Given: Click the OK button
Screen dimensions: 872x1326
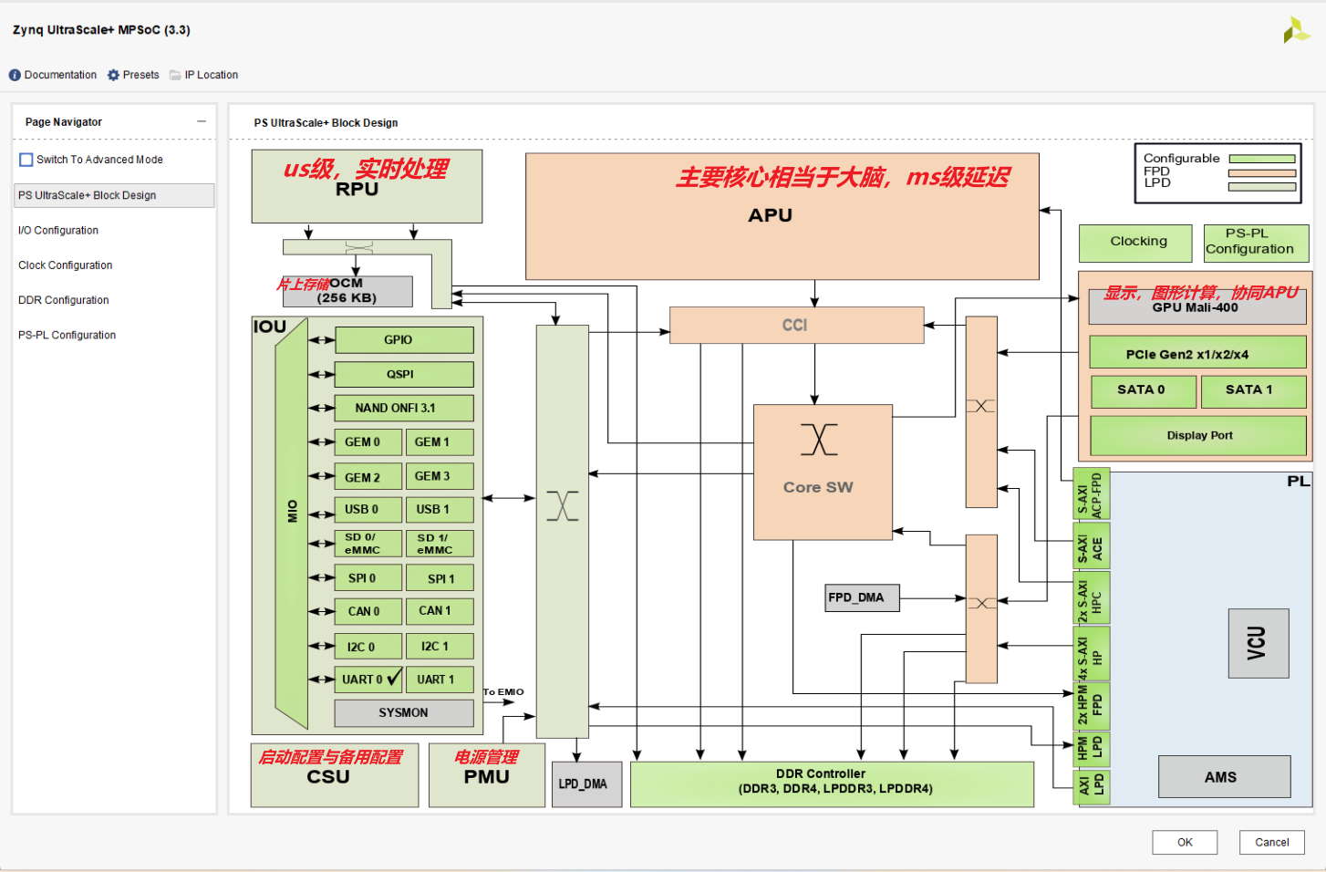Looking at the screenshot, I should pyautogui.click(x=1184, y=842).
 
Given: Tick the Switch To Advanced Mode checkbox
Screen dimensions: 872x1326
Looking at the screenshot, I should pyautogui.click(x=26, y=160).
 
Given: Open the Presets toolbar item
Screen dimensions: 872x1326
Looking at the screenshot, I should pyautogui.click(x=133, y=75).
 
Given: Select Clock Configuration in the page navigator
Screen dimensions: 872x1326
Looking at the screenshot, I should pyautogui.click(x=66, y=265).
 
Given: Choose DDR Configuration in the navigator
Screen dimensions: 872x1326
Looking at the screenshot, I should pyautogui.click(x=64, y=300).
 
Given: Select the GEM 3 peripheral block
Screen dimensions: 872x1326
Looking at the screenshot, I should pyautogui.click(x=439, y=476).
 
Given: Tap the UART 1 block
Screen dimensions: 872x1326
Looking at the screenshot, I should pyautogui.click(x=439, y=680).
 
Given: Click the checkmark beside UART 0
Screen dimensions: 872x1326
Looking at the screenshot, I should pyautogui.click(x=394, y=678).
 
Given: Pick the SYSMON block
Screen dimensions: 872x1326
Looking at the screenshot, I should pyautogui.click(x=403, y=712).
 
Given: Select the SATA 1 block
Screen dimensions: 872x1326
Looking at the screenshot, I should pyautogui.click(x=1252, y=390).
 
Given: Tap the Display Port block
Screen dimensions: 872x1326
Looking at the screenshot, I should pyautogui.click(x=1198, y=435).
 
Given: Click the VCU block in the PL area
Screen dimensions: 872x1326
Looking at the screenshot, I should pyautogui.click(x=1258, y=643).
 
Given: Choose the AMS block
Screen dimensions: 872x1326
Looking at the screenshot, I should pyautogui.click(x=1223, y=777).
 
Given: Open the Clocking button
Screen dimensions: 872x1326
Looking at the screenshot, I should pyautogui.click(x=1135, y=242).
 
